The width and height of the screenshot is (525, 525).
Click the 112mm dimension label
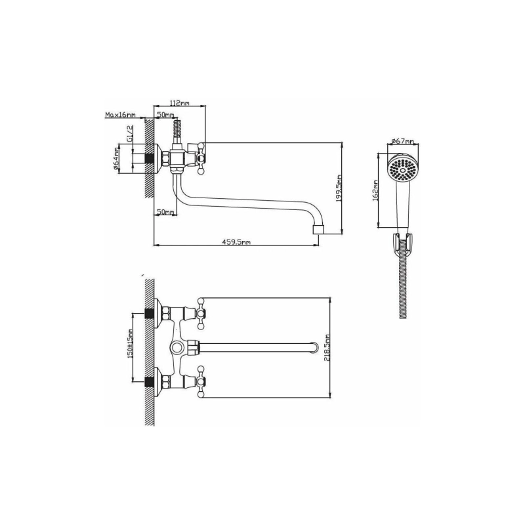click(179, 103)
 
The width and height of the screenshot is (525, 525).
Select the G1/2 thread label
click(130, 135)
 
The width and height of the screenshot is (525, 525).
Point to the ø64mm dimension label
click(116, 158)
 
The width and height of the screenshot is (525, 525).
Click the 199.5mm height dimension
click(339, 188)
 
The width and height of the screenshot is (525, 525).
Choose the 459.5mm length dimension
click(236, 242)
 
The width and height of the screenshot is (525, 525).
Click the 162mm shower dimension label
click(375, 190)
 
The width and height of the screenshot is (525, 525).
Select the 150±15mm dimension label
click(131, 343)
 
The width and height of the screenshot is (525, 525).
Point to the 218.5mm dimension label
click(327, 348)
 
